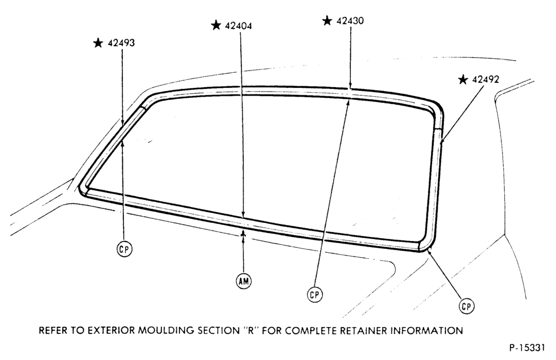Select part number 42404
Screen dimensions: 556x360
click(239, 26)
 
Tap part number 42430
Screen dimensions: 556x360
click(350, 21)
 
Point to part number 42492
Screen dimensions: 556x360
click(485, 79)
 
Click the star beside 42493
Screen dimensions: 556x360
click(98, 43)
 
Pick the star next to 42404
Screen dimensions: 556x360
click(216, 26)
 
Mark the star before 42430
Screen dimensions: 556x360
click(327, 21)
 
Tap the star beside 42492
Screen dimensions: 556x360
click(463, 79)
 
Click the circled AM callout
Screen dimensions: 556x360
click(244, 281)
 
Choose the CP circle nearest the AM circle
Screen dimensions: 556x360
click(315, 294)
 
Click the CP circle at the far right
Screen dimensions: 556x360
click(466, 306)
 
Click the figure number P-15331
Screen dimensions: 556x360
click(527, 348)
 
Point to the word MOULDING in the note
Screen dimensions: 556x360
click(165, 331)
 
